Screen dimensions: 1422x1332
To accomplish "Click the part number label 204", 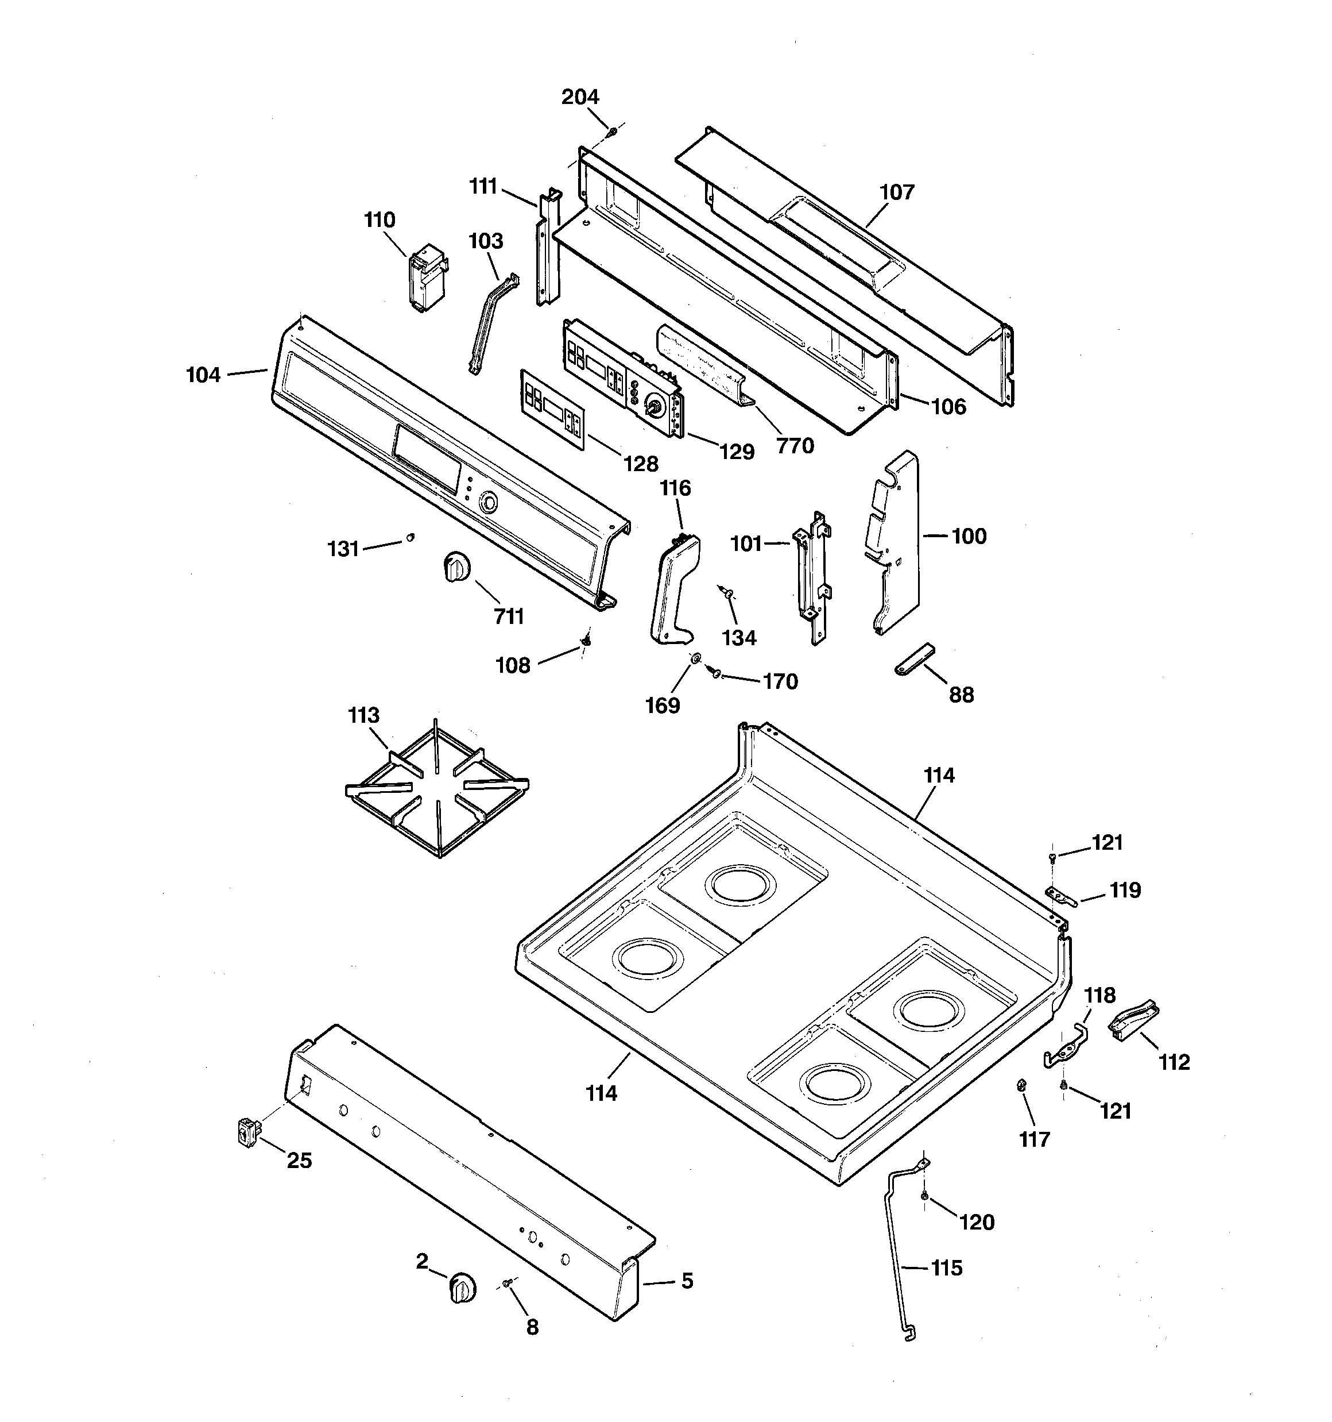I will click(x=579, y=97).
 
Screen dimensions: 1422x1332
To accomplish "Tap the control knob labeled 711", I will click(x=455, y=567).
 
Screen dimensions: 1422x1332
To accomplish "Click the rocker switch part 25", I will click(x=248, y=1134).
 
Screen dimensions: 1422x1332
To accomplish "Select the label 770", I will click(x=795, y=446).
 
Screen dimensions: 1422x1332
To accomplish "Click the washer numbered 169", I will click(x=695, y=658).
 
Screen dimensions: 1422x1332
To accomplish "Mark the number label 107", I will click(x=897, y=192).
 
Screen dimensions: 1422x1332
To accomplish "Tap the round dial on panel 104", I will click(x=487, y=502).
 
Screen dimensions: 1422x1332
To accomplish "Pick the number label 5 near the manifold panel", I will click(x=686, y=1280).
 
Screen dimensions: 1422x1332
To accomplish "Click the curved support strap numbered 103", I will click(x=492, y=322).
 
